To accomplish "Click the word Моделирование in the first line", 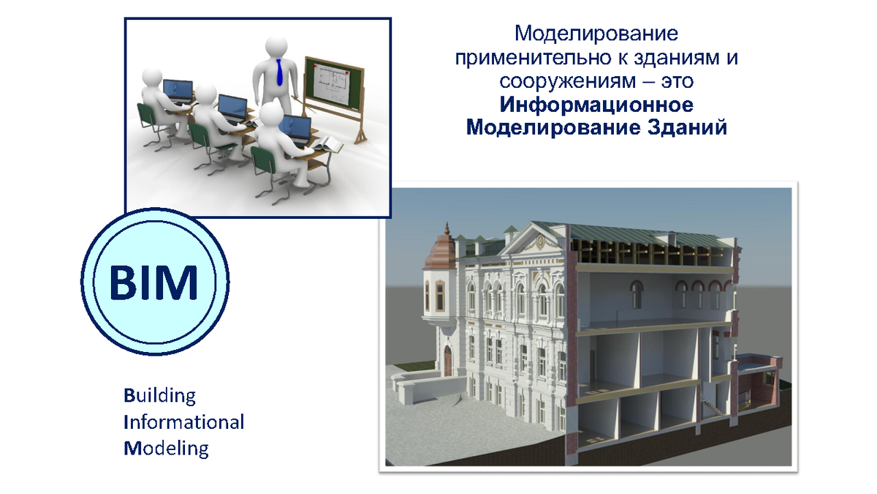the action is [596, 34].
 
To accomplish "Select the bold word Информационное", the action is [596, 105].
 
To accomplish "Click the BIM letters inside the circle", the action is [154, 282].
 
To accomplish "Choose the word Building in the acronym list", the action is [160, 396].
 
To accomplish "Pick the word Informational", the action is [184, 422].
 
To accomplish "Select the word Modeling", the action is [167, 449].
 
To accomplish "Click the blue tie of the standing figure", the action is [278, 72].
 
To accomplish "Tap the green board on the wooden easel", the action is [334, 83].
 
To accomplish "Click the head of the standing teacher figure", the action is [276, 48].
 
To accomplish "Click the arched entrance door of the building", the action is [448, 361].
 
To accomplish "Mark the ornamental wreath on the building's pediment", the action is [540, 242].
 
